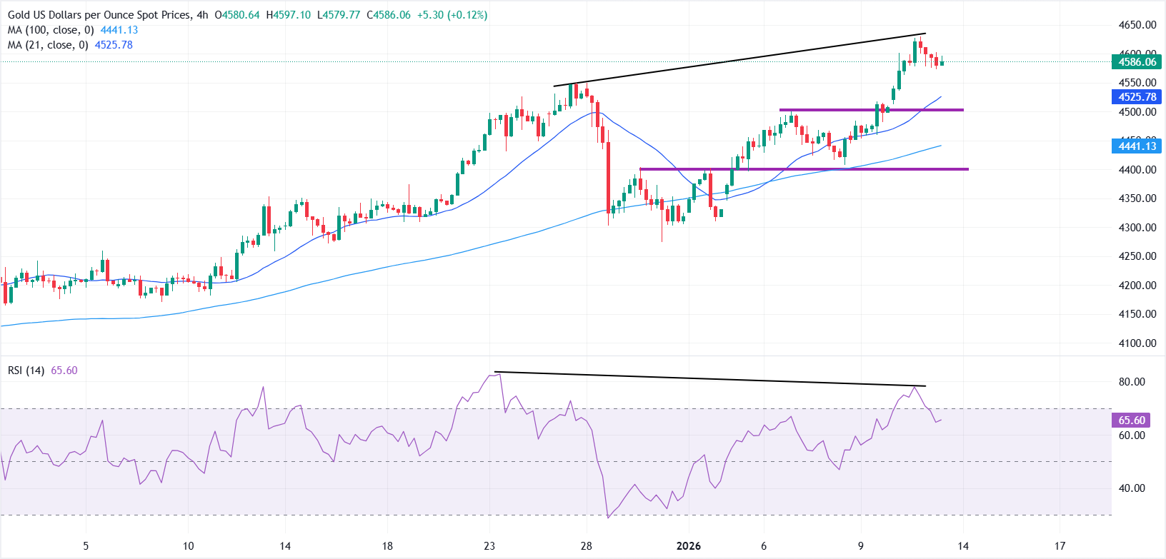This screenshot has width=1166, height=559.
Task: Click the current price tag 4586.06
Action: point(1136,62)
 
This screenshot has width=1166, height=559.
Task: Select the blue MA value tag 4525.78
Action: point(1136,97)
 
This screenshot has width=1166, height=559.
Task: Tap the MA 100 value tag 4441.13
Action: point(1136,146)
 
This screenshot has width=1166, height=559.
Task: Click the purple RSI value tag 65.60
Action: point(1131,420)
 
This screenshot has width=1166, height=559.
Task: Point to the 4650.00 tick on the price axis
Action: point(1137,25)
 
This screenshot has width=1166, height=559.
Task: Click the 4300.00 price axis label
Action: point(1137,228)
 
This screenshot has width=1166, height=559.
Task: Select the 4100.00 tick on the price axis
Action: point(1137,343)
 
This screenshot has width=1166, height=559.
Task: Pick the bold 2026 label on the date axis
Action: point(688,546)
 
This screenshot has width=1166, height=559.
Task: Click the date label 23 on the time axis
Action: point(489,546)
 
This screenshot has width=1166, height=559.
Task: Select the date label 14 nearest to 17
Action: point(963,546)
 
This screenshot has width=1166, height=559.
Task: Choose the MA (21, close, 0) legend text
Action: point(48,45)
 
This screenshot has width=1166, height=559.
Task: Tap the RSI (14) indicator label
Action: point(26,371)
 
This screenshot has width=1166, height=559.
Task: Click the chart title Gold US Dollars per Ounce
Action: point(100,15)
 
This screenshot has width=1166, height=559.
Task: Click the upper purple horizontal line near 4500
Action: point(871,110)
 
